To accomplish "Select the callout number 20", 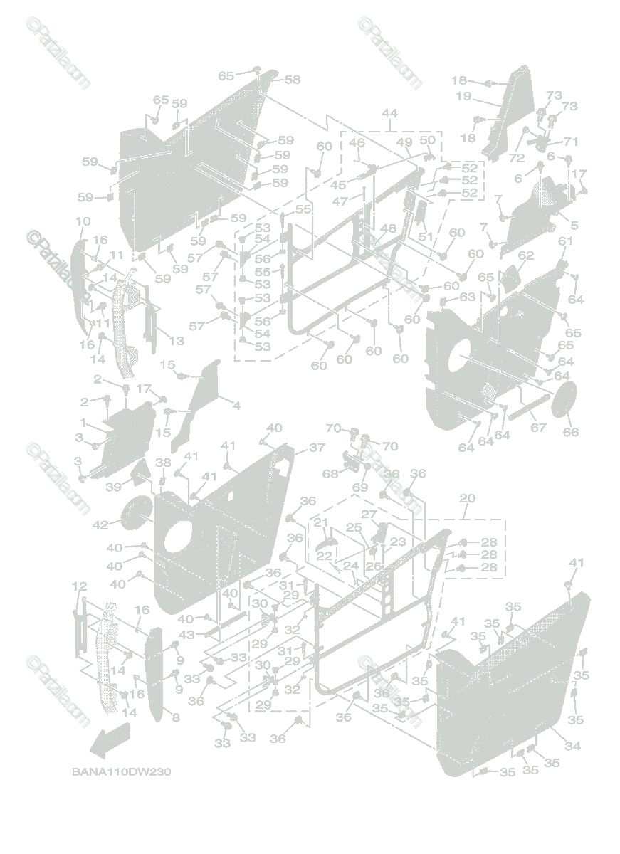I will (467, 498).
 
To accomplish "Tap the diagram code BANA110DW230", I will (120, 771).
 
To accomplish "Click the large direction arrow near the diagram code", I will (110, 740).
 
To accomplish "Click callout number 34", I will (572, 746).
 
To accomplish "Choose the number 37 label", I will (317, 448).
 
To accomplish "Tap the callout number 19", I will (463, 96).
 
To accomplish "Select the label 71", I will (571, 142).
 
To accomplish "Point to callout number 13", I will (175, 341).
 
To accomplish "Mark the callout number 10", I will (82, 221).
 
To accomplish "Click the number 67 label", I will (538, 428).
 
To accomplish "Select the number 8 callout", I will (176, 718).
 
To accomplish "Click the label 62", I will (525, 255).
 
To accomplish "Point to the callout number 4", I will (236, 406).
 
